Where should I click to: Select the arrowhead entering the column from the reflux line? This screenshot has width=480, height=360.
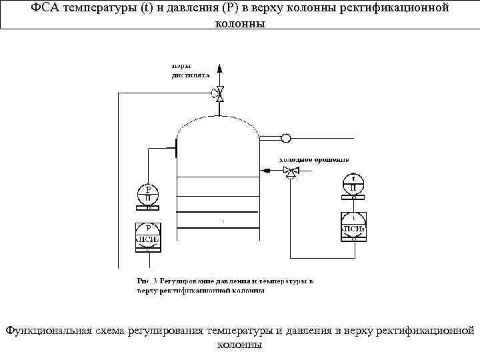[x=265, y=171]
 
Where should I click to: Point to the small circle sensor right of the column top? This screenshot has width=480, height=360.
[x=285, y=138]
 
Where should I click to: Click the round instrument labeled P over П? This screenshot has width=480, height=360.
[x=149, y=194]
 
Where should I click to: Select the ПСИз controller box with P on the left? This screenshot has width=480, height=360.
[x=149, y=236]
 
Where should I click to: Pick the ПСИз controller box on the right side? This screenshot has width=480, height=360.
[x=353, y=227]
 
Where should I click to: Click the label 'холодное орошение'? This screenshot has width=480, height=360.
[x=314, y=160]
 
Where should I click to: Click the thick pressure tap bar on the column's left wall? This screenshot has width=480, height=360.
[x=176, y=147]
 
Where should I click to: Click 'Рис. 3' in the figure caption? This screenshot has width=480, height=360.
[x=146, y=281]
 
